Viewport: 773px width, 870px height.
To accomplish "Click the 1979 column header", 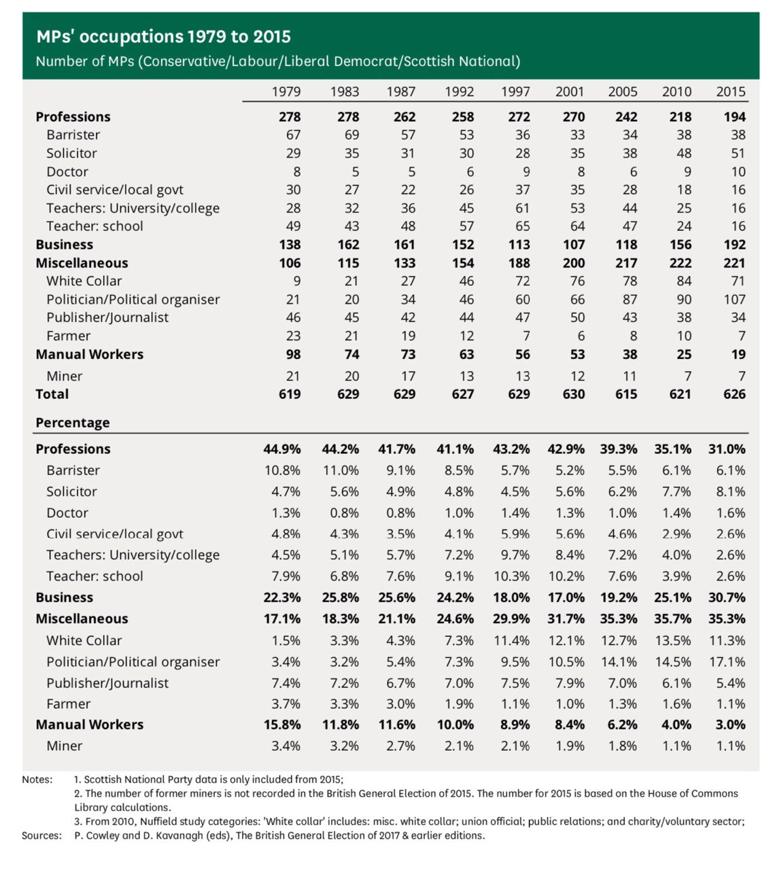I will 286,92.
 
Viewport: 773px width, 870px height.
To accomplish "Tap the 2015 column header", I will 731,92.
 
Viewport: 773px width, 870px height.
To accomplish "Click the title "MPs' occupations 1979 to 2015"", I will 163,37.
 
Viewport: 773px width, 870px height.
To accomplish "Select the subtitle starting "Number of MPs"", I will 277,61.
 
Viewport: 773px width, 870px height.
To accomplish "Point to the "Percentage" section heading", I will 73,423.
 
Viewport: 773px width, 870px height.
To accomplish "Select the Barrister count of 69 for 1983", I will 348,135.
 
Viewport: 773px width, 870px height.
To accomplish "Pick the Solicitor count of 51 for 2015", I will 738,154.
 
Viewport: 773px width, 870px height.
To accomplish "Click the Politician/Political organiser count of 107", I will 734,300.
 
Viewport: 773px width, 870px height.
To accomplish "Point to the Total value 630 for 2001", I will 573,394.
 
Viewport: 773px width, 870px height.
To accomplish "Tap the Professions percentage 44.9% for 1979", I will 282,449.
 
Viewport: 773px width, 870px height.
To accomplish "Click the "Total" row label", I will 52,394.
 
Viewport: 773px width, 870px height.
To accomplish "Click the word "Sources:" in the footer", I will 41,835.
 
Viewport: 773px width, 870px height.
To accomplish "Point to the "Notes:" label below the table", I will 37,780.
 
